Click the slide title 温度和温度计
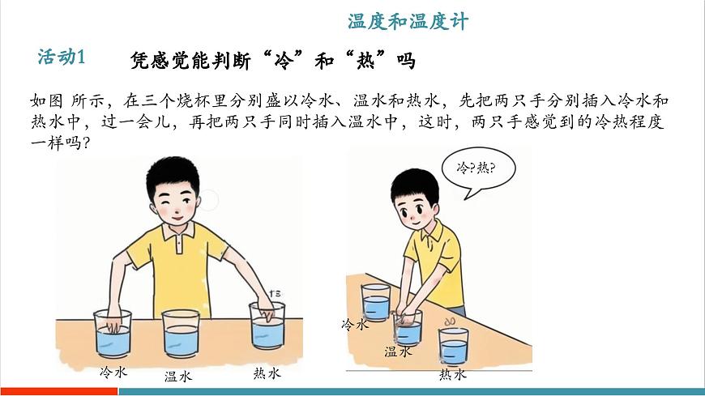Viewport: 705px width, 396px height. (408, 22)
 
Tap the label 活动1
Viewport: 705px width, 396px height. (61, 57)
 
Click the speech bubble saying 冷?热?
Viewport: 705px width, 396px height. (478, 171)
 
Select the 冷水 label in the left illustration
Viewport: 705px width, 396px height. (113, 372)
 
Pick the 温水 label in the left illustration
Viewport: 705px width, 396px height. (178, 376)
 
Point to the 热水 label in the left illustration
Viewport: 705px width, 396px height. (267, 373)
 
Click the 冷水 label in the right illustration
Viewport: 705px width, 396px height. (355, 324)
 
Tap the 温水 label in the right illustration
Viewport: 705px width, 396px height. (398, 351)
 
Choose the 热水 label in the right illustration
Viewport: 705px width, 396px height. (453, 374)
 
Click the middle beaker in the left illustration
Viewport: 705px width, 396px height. (181, 334)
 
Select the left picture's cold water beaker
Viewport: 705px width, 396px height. (113, 334)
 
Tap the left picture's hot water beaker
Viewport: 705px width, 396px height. (267, 326)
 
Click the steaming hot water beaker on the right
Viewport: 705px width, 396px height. (454, 345)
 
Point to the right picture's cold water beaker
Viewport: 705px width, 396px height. (375, 302)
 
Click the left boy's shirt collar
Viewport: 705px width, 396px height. (178, 230)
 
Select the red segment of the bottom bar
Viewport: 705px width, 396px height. (59, 392)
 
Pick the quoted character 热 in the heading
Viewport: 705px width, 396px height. (365, 61)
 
